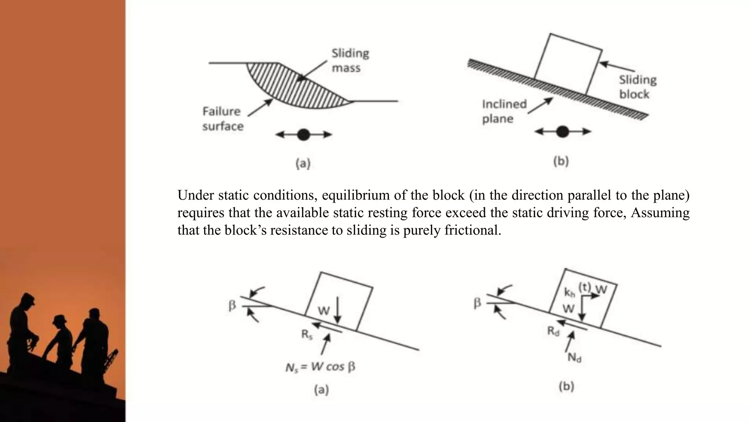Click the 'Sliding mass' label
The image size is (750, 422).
(x=350, y=60)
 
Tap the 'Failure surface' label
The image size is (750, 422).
(x=222, y=119)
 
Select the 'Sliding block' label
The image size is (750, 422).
(x=638, y=87)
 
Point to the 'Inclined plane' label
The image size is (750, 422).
(x=504, y=111)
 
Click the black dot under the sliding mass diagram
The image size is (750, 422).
(x=304, y=135)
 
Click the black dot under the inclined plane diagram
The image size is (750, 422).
(x=562, y=132)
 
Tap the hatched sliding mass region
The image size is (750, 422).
(x=293, y=86)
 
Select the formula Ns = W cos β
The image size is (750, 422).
(x=320, y=367)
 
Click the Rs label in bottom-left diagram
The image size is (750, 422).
(x=307, y=334)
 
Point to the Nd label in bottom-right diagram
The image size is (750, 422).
(x=574, y=358)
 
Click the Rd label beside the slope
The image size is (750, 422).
(x=553, y=332)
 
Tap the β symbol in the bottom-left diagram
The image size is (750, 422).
(x=232, y=305)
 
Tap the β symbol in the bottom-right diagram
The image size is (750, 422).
(x=477, y=303)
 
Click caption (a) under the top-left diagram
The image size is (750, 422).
(x=303, y=163)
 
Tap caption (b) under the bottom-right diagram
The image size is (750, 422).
(x=566, y=386)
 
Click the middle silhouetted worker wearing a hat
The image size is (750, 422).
(x=60, y=337)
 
